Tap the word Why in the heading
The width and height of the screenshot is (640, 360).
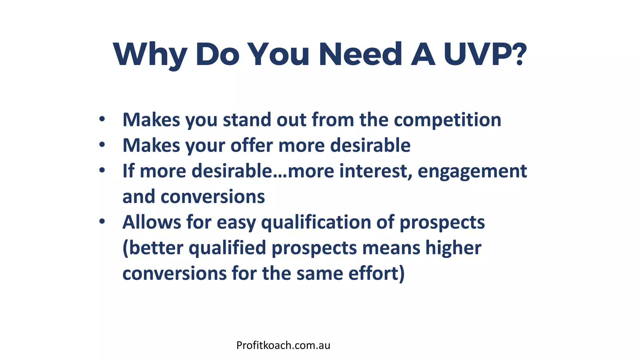150,55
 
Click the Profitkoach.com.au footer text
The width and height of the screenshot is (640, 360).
283,345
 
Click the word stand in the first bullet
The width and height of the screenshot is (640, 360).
247,120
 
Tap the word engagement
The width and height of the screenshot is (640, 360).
472,172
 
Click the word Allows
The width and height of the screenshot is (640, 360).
152,222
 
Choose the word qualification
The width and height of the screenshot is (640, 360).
316,223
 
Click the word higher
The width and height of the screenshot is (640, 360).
453,248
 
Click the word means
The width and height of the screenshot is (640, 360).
391,248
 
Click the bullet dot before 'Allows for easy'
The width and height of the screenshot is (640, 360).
102,221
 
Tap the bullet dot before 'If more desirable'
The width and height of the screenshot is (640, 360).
102,170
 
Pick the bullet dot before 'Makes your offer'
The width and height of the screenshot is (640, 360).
102,145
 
